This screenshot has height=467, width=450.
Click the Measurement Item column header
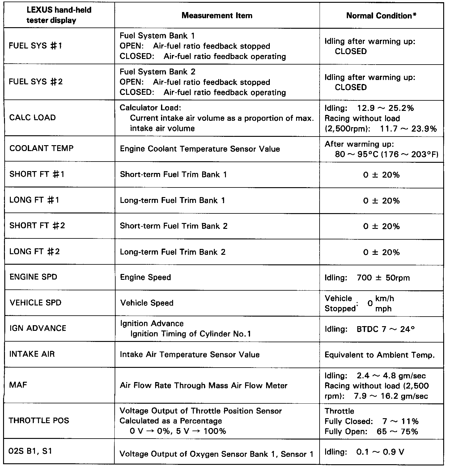(x=217, y=16)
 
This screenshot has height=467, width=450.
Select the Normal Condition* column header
(x=381, y=16)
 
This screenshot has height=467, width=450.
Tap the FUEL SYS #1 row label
(x=36, y=46)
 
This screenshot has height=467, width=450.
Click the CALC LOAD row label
(x=33, y=118)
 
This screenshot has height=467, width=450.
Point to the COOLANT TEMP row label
(x=42, y=148)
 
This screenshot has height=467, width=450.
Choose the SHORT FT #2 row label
(x=37, y=225)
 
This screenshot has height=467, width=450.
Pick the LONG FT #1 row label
(x=34, y=200)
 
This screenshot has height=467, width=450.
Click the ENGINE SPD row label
(x=33, y=277)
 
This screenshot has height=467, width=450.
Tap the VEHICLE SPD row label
(x=36, y=303)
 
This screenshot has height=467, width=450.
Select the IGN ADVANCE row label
(x=38, y=328)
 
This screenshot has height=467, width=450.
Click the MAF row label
(x=18, y=385)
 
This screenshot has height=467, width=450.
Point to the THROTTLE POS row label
(x=39, y=420)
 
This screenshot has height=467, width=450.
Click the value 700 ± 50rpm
(x=383, y=278)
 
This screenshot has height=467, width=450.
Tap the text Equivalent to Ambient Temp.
(x=380, y=355)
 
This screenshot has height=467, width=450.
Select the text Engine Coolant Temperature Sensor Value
(x=200, y=149)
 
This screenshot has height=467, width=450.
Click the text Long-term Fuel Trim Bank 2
(x=173, y=252)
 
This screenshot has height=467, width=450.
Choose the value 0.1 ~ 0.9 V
(x=380, y=452)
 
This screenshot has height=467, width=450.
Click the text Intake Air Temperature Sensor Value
(x=190, y=355)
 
